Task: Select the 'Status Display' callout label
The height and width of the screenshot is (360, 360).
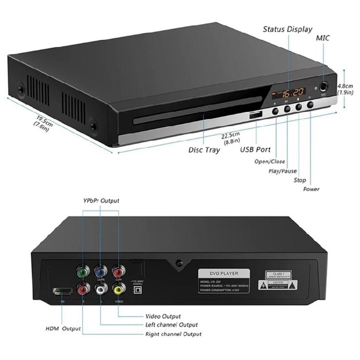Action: coord(287,29)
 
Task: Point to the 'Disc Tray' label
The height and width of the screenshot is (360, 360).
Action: coord(204,150)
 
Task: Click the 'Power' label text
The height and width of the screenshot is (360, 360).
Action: coord(311,189)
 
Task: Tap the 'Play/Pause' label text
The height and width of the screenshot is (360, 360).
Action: coord(282,171)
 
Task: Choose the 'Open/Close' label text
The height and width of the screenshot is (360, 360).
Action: coord(269,162)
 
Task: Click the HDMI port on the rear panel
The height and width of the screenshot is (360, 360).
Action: coord(62,291)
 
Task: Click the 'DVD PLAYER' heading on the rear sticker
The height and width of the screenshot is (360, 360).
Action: coord(225,273)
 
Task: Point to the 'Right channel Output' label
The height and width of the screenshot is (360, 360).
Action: coord(174,334)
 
